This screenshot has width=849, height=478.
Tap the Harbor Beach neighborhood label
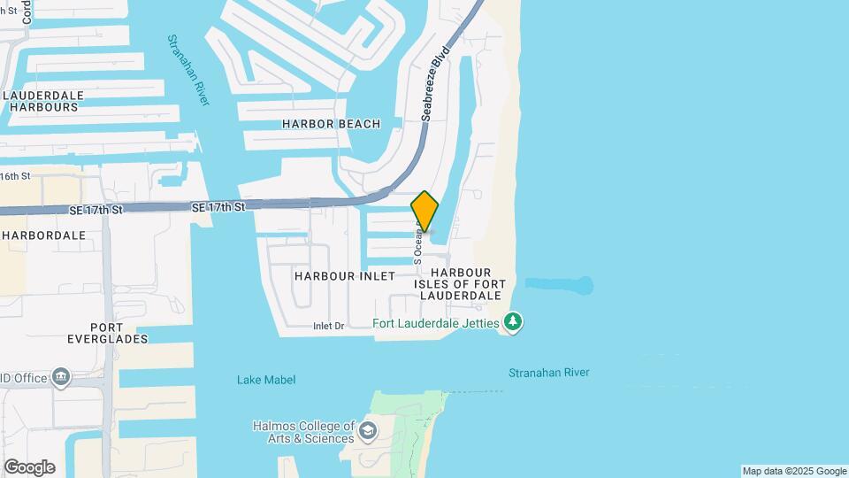(331, 124)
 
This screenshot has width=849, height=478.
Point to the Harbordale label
(43, 235)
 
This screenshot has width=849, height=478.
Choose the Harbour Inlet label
(345, 276)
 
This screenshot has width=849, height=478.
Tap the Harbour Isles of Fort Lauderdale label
(468, 283)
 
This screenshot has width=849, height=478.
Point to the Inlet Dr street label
(328, 327)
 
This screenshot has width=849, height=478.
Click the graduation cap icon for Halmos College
(368, 432)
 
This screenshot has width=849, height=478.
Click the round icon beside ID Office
(61, 378)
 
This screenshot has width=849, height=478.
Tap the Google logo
(29, 467)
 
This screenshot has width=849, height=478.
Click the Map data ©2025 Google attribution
(794, 471)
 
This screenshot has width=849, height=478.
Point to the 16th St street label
(15, 176)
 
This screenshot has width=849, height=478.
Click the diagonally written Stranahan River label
(189, 71)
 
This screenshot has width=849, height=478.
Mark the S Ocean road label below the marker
(417, 244)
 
